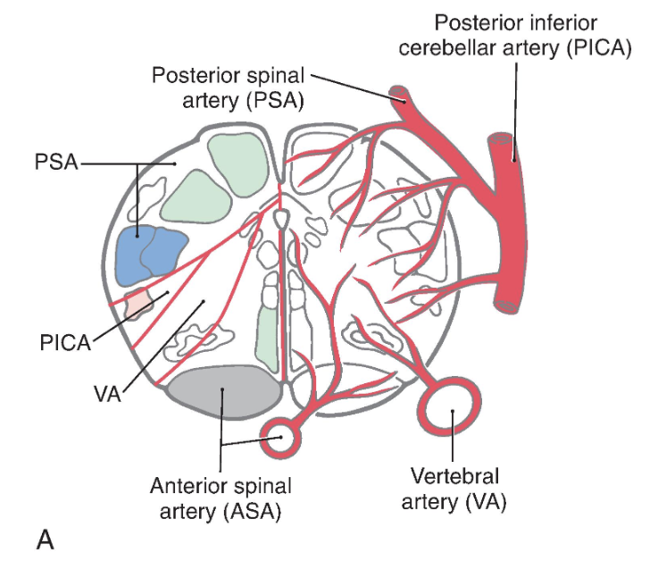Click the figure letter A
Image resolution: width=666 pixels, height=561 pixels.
[x=45, y=539]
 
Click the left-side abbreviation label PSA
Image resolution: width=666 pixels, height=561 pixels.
[x=55, y=165]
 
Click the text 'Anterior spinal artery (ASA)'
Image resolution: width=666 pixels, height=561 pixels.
[x=221, y=498]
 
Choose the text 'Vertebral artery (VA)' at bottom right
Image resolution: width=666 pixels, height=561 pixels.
[x=454, y=488]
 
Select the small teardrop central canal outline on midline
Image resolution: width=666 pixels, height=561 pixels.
[x=281, y=217]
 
